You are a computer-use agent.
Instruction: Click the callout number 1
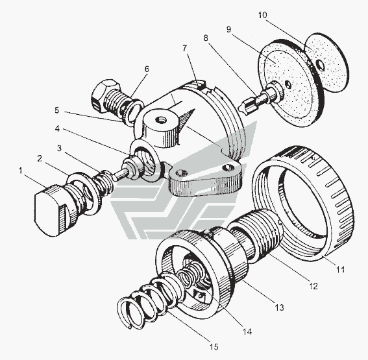coord(21,171)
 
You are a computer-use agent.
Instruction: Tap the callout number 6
coord(147,69)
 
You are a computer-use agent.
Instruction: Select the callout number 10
coord(263,15)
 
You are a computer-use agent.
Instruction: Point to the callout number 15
coord(214,346)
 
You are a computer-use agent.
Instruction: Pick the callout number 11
coord(341,269)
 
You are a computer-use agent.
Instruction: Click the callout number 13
coord(279,307)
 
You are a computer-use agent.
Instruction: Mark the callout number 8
coord(206,38)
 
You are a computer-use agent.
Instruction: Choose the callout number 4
coord(57,128)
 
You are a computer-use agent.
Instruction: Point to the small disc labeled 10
coord(326,61)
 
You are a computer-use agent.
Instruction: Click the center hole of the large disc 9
coord(288,84)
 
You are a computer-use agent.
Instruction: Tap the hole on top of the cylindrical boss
coord(161,120)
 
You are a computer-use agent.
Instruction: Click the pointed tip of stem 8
coord(239,108)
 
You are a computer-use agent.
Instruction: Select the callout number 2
coord(40,158)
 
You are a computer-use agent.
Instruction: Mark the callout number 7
coord(185,48)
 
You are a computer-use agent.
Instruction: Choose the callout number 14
coord(247,331)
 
